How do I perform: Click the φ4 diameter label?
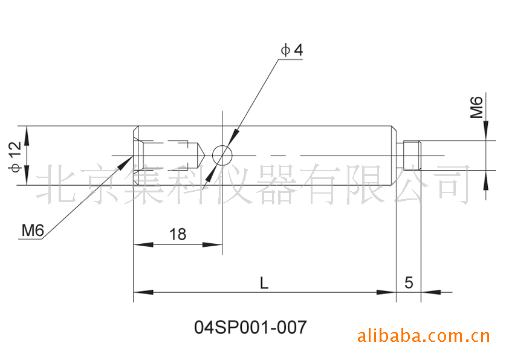click(x=292, y=50)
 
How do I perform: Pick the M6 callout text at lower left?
click(x=33, y=230)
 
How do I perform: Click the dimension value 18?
click(x=178, y=234)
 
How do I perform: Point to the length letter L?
click(x=264, y=282)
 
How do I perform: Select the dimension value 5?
click(x=409, y=282)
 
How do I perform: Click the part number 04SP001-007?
click(x=250, y=327)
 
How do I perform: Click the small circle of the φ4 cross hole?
click(x=222, y=155)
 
